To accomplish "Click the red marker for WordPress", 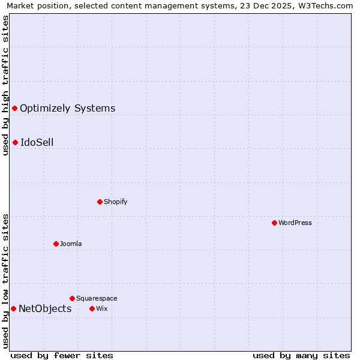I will (274, 223).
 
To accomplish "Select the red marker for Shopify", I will (100, 202).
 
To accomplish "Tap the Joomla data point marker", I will (56, 244).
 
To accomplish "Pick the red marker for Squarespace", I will (72, 298).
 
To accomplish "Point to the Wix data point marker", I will (92, 308).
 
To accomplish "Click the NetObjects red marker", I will (13, 308).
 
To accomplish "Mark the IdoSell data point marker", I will (15, 142).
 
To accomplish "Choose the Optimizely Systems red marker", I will (14, 108).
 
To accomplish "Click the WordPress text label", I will (295, 223).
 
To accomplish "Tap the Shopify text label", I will (115, 202).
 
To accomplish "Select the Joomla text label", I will (70, 244).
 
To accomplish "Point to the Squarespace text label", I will (97, 298).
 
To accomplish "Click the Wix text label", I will (101, 308).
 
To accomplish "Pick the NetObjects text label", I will (45, 308).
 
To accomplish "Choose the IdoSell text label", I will (37, 142).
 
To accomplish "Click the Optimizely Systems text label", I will (67, 108).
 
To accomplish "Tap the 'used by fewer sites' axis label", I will (62, 355).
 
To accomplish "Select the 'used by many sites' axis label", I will (301, 355).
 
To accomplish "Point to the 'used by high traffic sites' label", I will (5, 85).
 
